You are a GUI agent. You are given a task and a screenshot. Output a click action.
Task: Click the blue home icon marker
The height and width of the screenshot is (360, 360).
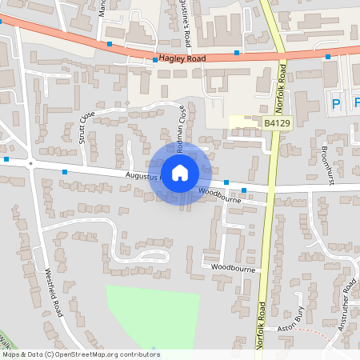[x=180, y=173]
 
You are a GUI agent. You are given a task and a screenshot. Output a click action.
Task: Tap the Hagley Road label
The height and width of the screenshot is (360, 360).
[x=182, y=58]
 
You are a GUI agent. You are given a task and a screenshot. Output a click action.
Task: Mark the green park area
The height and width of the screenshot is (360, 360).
[x=152, y=317]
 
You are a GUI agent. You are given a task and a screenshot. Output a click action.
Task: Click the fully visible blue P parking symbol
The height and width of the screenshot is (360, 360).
[x=336, y=103]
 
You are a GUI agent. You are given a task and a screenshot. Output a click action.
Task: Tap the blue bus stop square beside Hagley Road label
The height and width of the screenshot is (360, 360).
[x=154, y=59]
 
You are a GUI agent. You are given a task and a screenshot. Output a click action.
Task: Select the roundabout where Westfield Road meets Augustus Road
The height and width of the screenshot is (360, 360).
[x=30, y=163]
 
